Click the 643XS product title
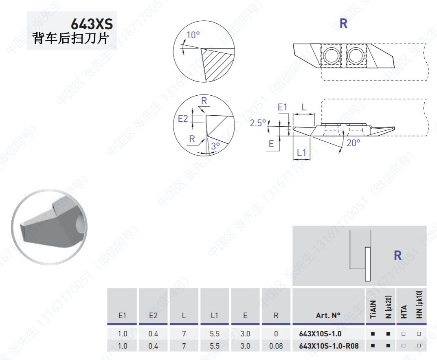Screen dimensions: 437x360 [x=92, y=24]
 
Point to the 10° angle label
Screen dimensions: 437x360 [x=193, y=35]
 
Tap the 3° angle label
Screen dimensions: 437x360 [x=215, y=146]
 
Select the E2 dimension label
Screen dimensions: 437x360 [x=183, y=119]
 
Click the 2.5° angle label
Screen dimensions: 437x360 [x=258, y=123]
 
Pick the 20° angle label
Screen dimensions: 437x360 [x=354, y=143]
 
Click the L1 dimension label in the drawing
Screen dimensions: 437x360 [x=301, y=152]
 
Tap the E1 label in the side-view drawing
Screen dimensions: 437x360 [x=282, y=107]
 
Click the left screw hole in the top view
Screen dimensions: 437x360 [x=331, y=55]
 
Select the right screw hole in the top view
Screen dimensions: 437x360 [x=355, y=55]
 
